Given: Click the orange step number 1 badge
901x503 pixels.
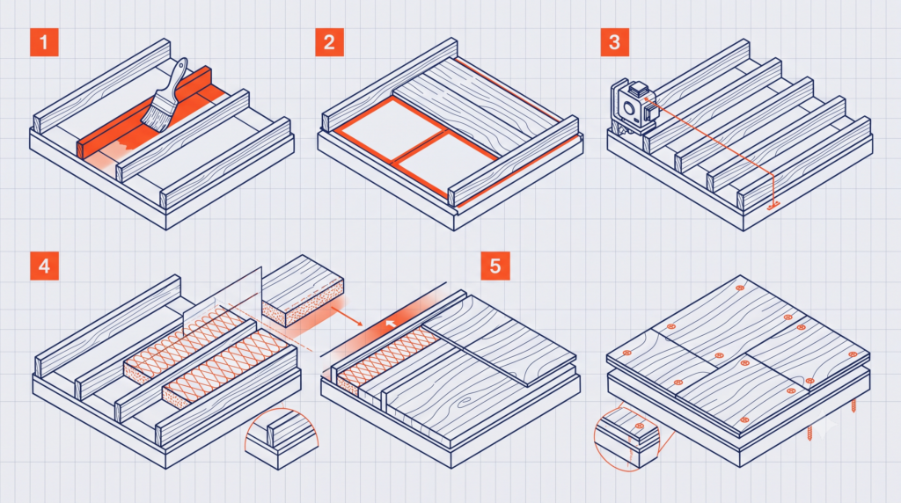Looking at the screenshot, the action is click(44, 42).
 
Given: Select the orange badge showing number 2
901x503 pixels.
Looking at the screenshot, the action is click(329, 42).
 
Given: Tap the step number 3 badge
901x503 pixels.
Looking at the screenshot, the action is click(614, 42).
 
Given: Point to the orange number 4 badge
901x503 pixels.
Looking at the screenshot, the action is click(44, 266).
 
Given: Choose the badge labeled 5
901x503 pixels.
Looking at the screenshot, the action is click(495, 266).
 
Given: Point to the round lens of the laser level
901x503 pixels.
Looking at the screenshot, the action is click(628, 108).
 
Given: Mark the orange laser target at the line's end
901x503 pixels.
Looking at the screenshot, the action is click(773, 205).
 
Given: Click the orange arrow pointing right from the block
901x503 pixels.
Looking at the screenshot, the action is click(347, 317).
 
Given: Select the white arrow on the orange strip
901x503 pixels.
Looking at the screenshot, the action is click(391, 324).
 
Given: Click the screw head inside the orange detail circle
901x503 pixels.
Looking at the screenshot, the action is click(640, 426).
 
